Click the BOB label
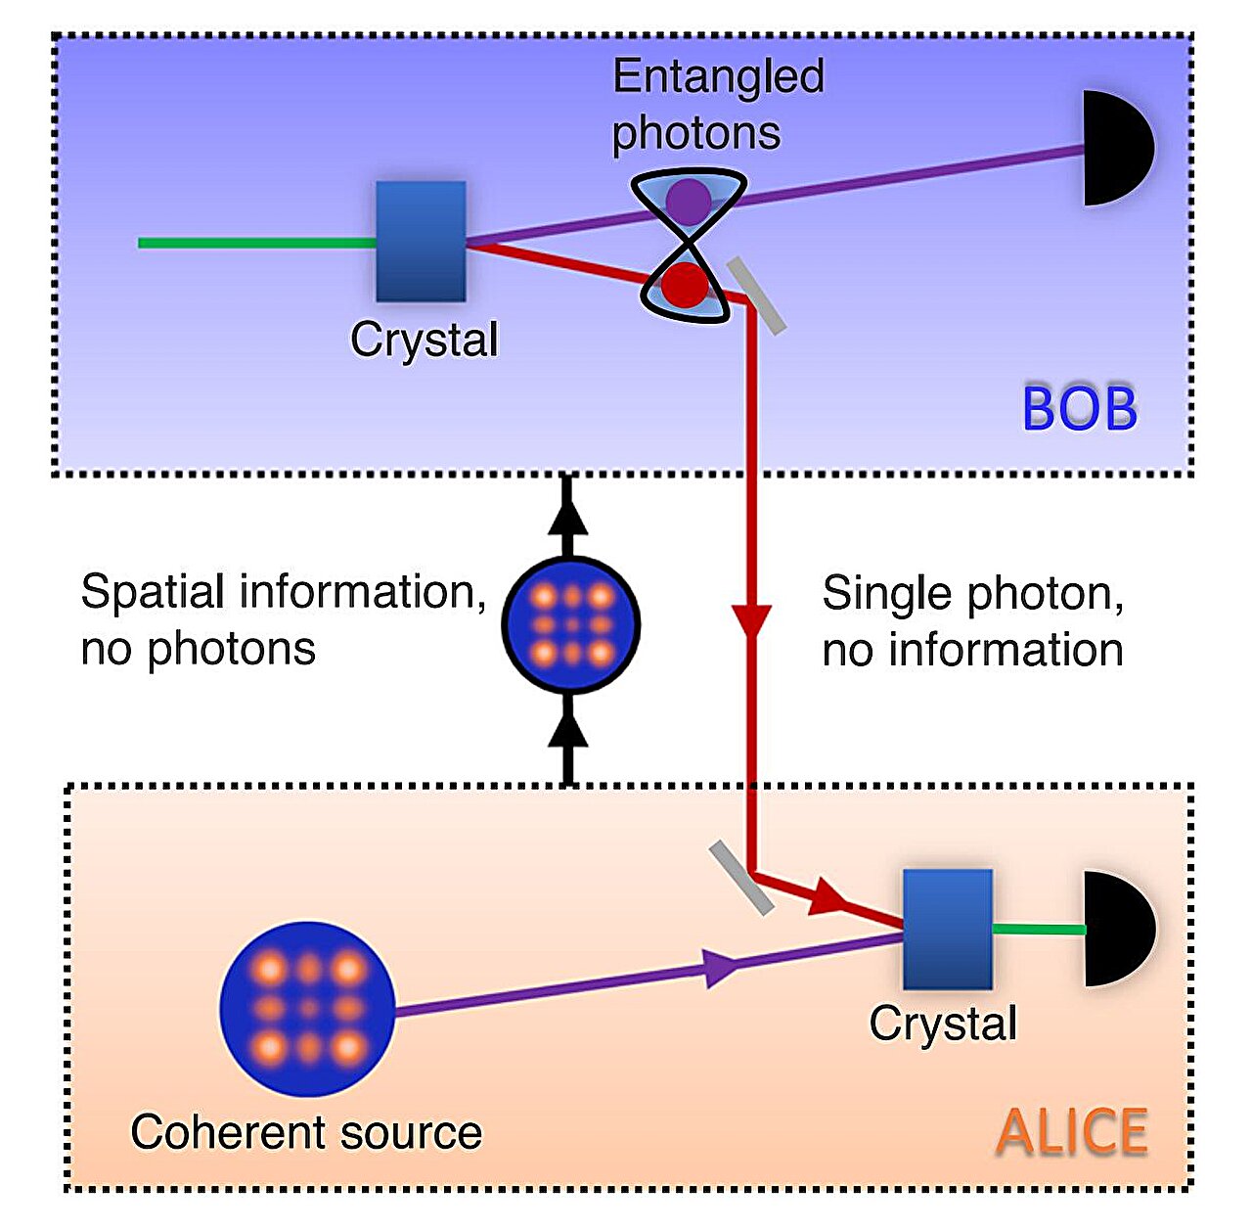[x=1080, y=409]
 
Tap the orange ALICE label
[x=1072, y=1132]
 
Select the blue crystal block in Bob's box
[x=421, y=241]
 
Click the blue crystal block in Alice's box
[x=947, y=930]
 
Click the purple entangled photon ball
[x=689, y=201]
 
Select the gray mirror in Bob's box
[x=757, y=296]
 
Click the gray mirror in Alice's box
[x=741, y=878]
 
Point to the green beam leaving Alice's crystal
[x=1038, y=930]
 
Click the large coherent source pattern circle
[x=307, y=1009]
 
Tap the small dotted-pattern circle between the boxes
[x=570, y=624]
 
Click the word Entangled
[x=718, y=77]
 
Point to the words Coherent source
[x=306, y=1132]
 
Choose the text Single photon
[x=972, y=593]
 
